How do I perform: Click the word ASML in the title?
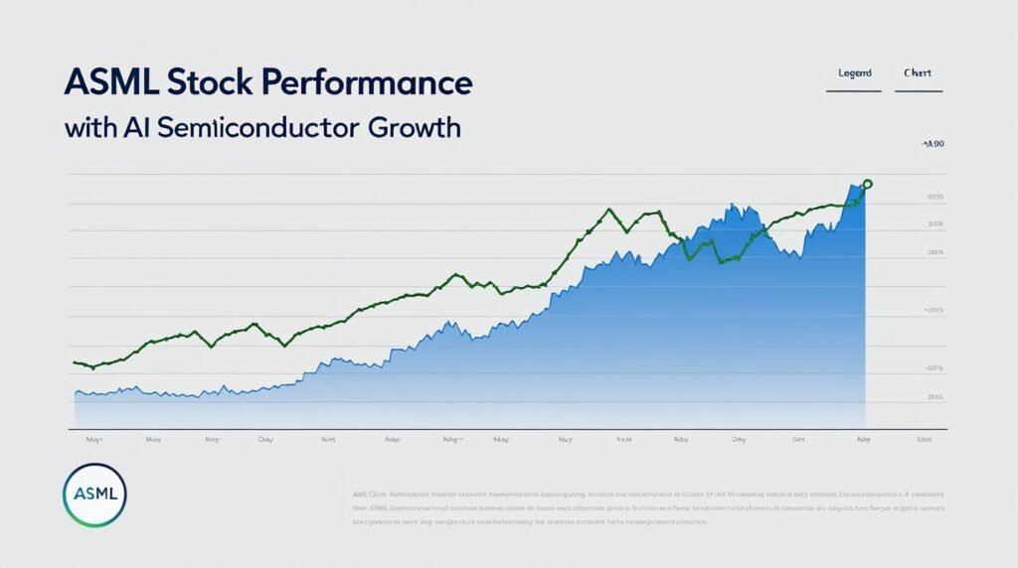[110, 83]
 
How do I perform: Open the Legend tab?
[854, 73]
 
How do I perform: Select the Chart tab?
[918, 73]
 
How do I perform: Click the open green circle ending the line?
[867, 184]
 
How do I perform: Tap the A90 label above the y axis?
[933, 145]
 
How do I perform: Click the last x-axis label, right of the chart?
[924, 438]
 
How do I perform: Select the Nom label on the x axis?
[327, 438]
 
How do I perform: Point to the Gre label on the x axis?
[798, 438]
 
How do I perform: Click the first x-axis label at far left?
[93, 438]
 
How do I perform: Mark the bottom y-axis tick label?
[934, 396]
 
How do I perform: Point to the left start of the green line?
[77, 362]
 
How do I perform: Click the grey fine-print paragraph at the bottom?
[646, 506]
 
